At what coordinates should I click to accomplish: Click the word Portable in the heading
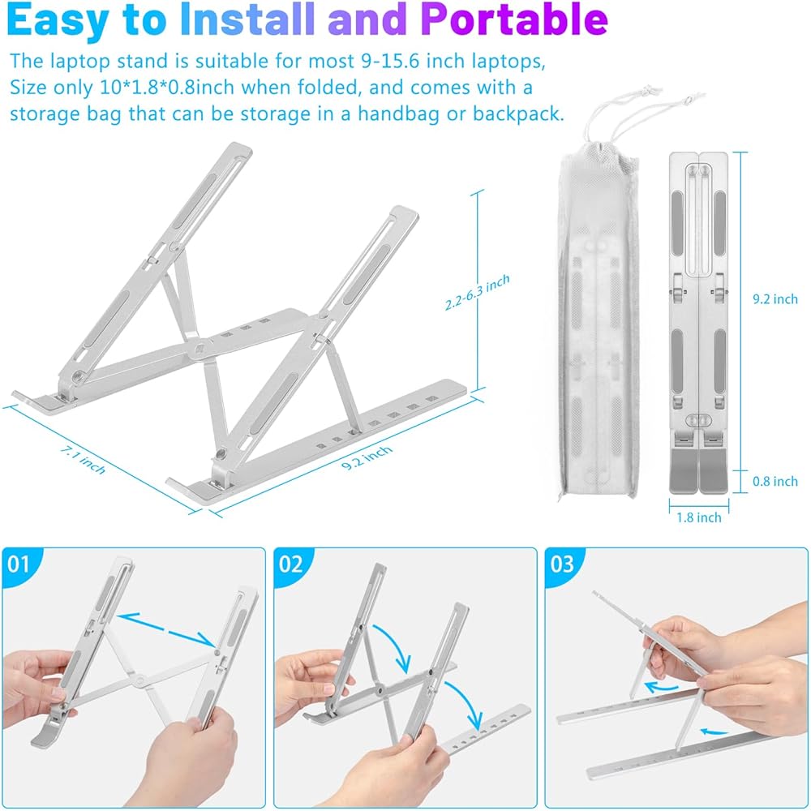point(514,19)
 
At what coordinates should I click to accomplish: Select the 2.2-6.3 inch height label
point(478,292)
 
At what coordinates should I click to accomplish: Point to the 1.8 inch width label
point(699,517)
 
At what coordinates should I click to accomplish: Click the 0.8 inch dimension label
point(775,481)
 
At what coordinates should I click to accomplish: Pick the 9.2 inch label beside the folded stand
point(775,298)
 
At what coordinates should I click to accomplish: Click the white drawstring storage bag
point(599,320)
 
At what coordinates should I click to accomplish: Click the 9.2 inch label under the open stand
point(367,457)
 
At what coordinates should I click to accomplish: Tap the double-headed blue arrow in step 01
point(166,630)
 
